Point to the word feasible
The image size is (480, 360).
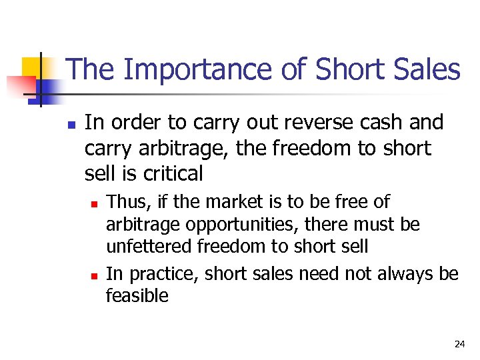(137, 296)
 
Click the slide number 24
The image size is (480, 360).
(459, 345)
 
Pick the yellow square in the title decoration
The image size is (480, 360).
(33, 67)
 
